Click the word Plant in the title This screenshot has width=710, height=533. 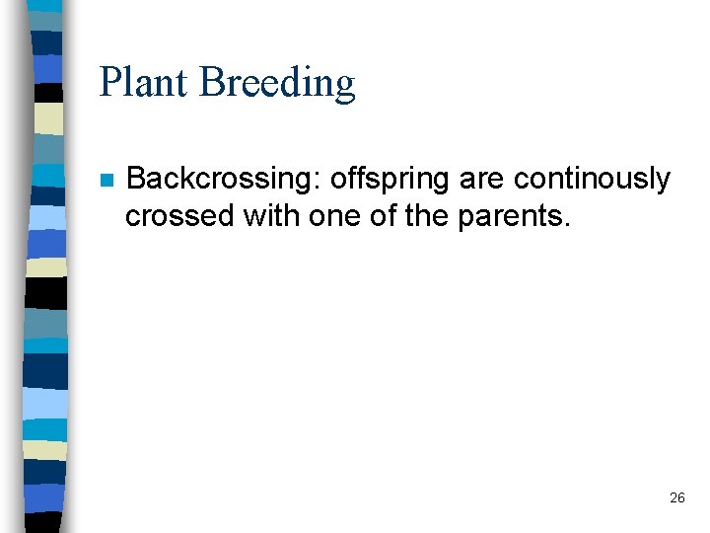point(144,82)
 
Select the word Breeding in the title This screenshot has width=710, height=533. point(277,84)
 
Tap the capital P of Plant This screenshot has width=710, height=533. point(109,82)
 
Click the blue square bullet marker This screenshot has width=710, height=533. point(107,182)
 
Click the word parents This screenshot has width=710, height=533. point(511,215)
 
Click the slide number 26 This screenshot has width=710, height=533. point(676,498)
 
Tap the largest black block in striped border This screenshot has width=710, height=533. point(46,293)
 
